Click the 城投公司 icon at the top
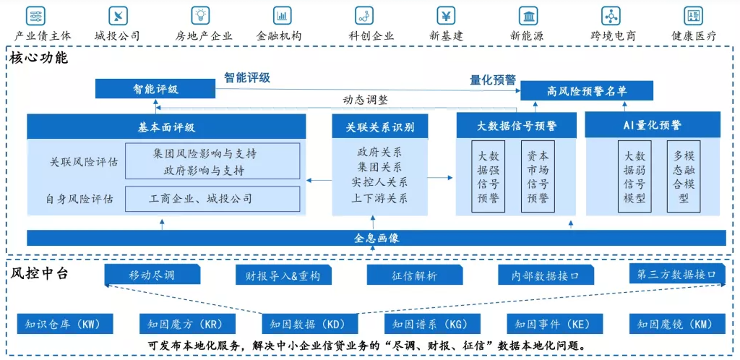tap(117, 15)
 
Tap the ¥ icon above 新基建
tap(446, 15)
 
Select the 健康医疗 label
tap(694, 35)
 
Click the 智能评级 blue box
tap(155, 90)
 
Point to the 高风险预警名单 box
tap(587, 90)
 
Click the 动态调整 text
tap(365, 100)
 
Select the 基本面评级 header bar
tap(166, 127)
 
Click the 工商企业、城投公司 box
tap(212, 199)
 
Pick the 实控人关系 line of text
tap(379, 182)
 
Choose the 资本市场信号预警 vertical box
tap(538, 177)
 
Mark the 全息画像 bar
tap(377, 238)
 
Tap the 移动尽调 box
tap(152, 275)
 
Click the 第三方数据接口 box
tap(676, 275)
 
